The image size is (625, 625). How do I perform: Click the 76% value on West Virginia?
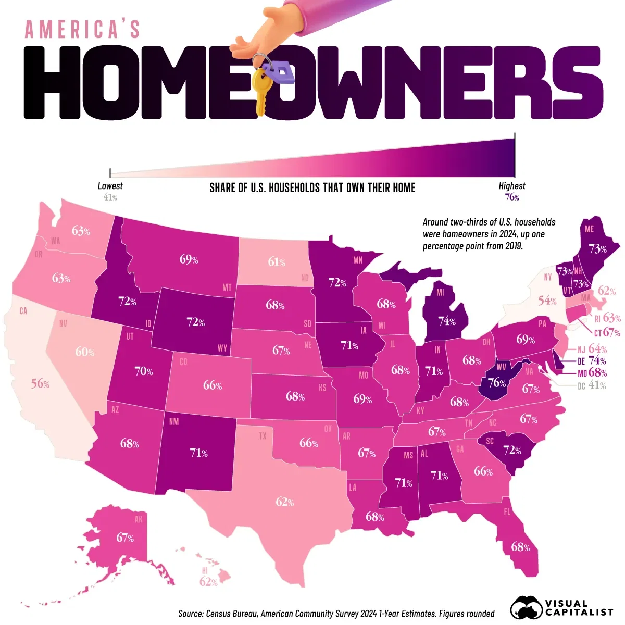point(496,383)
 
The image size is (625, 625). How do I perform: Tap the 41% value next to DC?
point(597,385)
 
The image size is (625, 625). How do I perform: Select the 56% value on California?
point(40,383)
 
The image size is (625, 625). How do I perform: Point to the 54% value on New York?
point(547,301)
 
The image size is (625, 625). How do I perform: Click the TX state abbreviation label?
point(262,435)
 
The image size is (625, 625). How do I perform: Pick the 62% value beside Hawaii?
point(208,582)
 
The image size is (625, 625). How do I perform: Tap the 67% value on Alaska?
point(125,537)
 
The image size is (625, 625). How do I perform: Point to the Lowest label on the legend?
point(110,186)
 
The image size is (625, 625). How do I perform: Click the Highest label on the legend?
point(512,186)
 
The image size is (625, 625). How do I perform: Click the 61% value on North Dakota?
point(277,262)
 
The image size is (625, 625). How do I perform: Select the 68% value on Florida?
point(520,547)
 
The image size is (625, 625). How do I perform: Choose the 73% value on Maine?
point(597,249)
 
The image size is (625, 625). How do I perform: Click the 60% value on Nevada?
point(84,352)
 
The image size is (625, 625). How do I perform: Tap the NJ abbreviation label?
point(581,349)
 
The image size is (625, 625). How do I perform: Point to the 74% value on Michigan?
point(446,321)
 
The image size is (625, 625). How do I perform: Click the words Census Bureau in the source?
point(231,614)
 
